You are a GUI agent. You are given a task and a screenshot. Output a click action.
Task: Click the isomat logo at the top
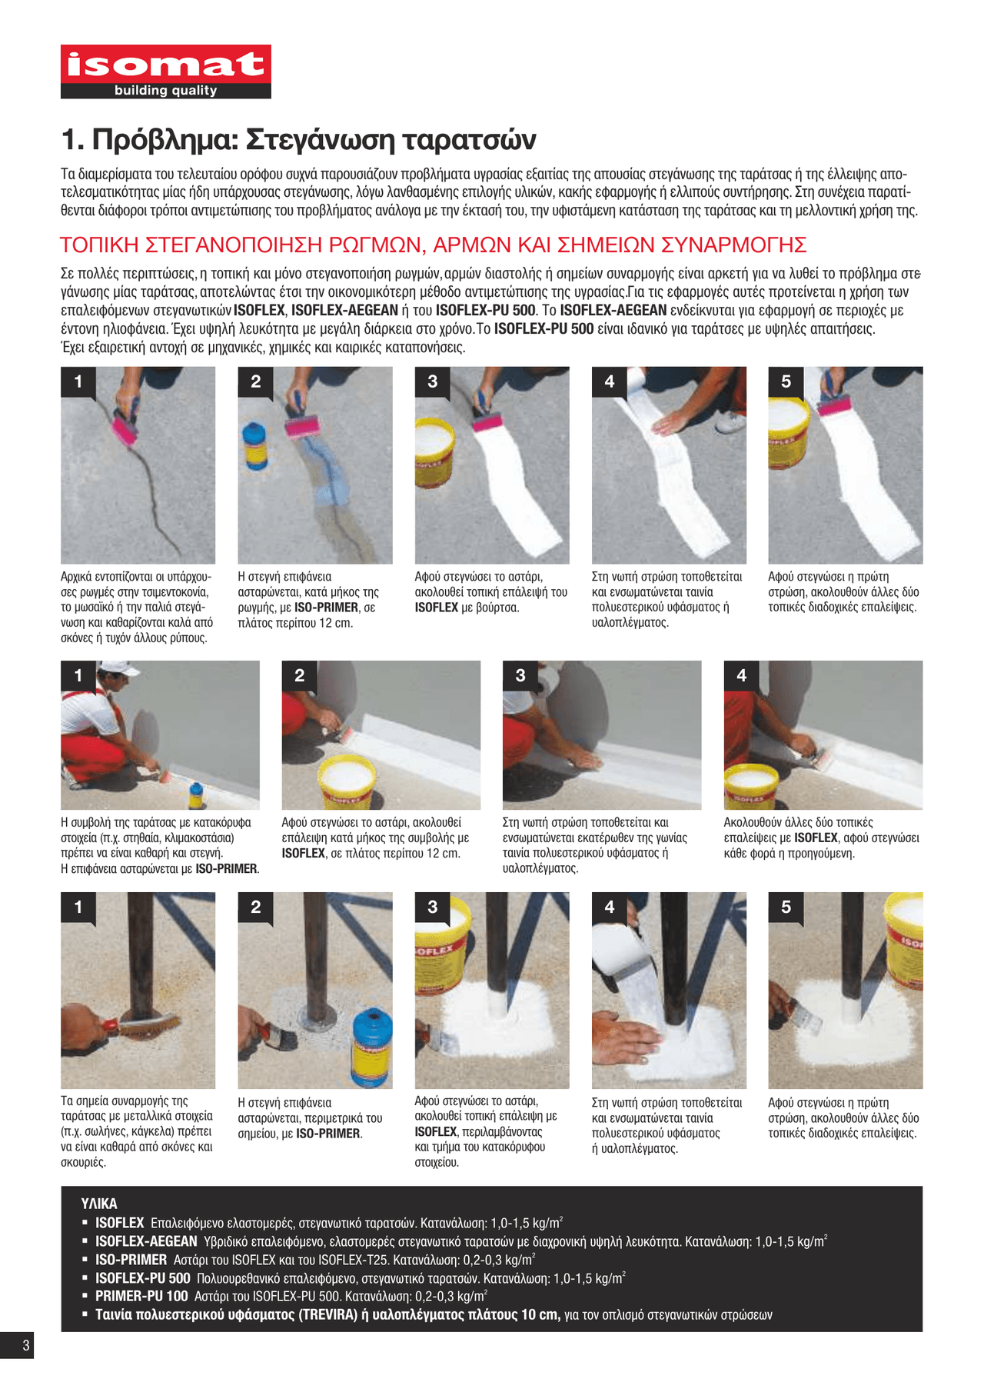tap(166, 72)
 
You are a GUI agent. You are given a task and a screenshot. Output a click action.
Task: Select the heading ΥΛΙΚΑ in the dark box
tap(99, 1204)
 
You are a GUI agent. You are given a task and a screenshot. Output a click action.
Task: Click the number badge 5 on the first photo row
tap(786, 381)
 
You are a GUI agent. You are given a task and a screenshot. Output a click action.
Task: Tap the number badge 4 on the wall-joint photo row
tap(741, 675)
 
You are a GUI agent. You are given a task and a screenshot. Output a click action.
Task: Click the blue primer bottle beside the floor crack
tap(254, 445)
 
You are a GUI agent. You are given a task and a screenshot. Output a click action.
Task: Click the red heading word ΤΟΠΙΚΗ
tap(99, 245)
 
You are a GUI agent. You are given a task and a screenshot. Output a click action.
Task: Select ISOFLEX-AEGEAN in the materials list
tap(146, 1240)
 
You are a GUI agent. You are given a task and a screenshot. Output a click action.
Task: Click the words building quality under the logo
tap(166, 91)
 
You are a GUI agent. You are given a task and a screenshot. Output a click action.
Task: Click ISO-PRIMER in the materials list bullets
tap(131, 1259)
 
